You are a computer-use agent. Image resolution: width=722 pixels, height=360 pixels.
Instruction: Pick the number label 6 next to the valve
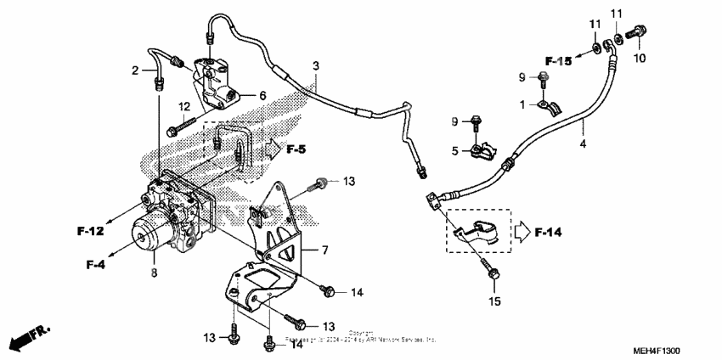tap(262, 95)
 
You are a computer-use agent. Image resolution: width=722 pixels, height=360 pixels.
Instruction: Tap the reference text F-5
tap(296, 149)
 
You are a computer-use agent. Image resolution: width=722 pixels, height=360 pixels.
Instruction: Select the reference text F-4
tap(96, 264)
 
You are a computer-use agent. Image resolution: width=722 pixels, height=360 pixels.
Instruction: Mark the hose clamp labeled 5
tap(482, 153)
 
